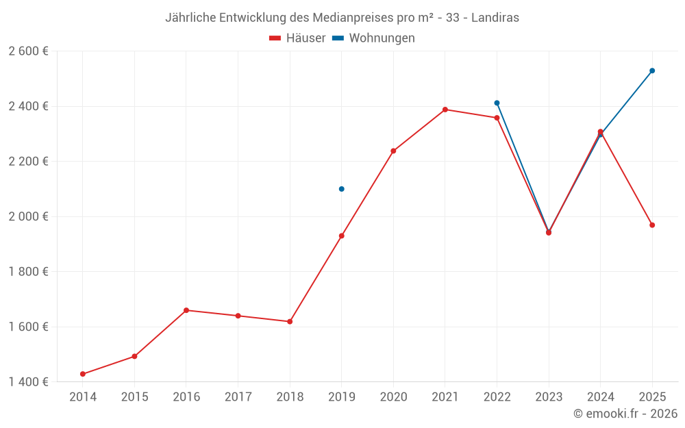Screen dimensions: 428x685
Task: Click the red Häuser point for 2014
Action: click(83, 374)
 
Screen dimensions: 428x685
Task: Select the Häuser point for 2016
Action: click(186, 310)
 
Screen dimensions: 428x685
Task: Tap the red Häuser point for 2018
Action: click(290, 321)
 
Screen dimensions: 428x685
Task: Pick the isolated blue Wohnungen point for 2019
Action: click(342, 189)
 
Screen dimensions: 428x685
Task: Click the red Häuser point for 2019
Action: click(342, 236)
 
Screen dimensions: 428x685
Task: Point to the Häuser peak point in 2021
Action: click(445, 110)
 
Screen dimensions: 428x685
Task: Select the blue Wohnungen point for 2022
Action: click(497, 103)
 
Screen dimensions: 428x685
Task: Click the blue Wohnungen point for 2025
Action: click(652, 71)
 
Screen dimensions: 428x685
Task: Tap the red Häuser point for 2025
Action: click(652, 225)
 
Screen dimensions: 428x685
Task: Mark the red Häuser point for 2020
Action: click(393, 151)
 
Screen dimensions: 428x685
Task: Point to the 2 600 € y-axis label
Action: click(28, 51)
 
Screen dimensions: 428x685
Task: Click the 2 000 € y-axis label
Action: click(28, 216)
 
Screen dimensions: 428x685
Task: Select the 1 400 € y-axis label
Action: click(28, 381)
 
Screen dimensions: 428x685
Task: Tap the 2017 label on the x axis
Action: click(238, 396)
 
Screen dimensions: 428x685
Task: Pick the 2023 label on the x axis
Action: click(549, 396)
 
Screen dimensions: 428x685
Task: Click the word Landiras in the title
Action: click(496, 18)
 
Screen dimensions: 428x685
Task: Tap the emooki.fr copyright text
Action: click(625, 414)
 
